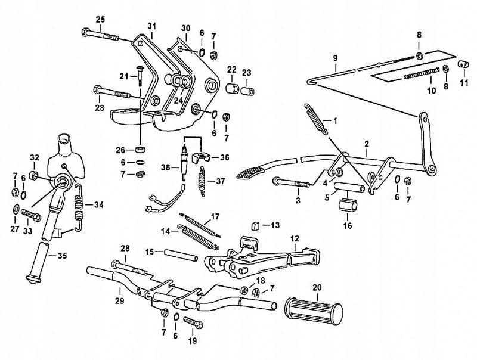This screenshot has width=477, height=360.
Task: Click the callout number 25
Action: click(100, 20)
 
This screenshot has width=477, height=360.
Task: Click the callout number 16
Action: click(349, 226)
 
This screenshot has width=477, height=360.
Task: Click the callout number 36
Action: click(224, 157)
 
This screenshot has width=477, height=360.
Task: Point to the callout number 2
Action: click(366, 144)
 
